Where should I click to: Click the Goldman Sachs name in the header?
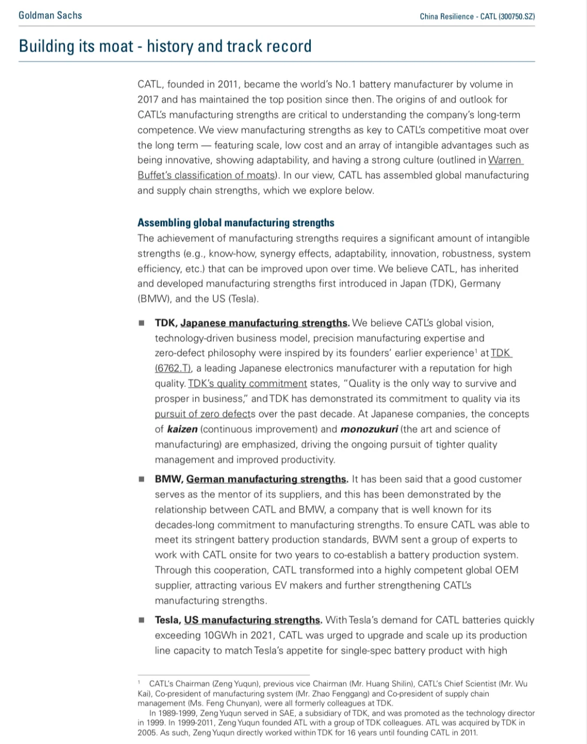tap(50, 15)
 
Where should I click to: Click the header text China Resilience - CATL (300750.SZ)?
tap(477, 16)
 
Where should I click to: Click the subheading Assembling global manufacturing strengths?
tap(236, 223)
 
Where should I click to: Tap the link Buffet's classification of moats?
tap(207, 176)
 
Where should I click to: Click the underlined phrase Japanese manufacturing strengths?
tap(264, 323)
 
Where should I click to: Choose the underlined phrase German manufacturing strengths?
tap(266, 479)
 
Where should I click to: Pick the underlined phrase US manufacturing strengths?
tap(252, 620)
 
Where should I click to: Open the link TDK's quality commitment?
tap(247, 384)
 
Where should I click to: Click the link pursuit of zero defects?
tap(205, 414)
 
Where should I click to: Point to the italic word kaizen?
tap(182, 429)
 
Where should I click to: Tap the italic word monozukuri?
tap(369, 429)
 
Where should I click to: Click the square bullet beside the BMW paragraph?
tap(142, 479)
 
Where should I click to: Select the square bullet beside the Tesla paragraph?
tap(142, 620)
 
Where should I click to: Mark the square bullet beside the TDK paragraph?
tap(142, 323)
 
